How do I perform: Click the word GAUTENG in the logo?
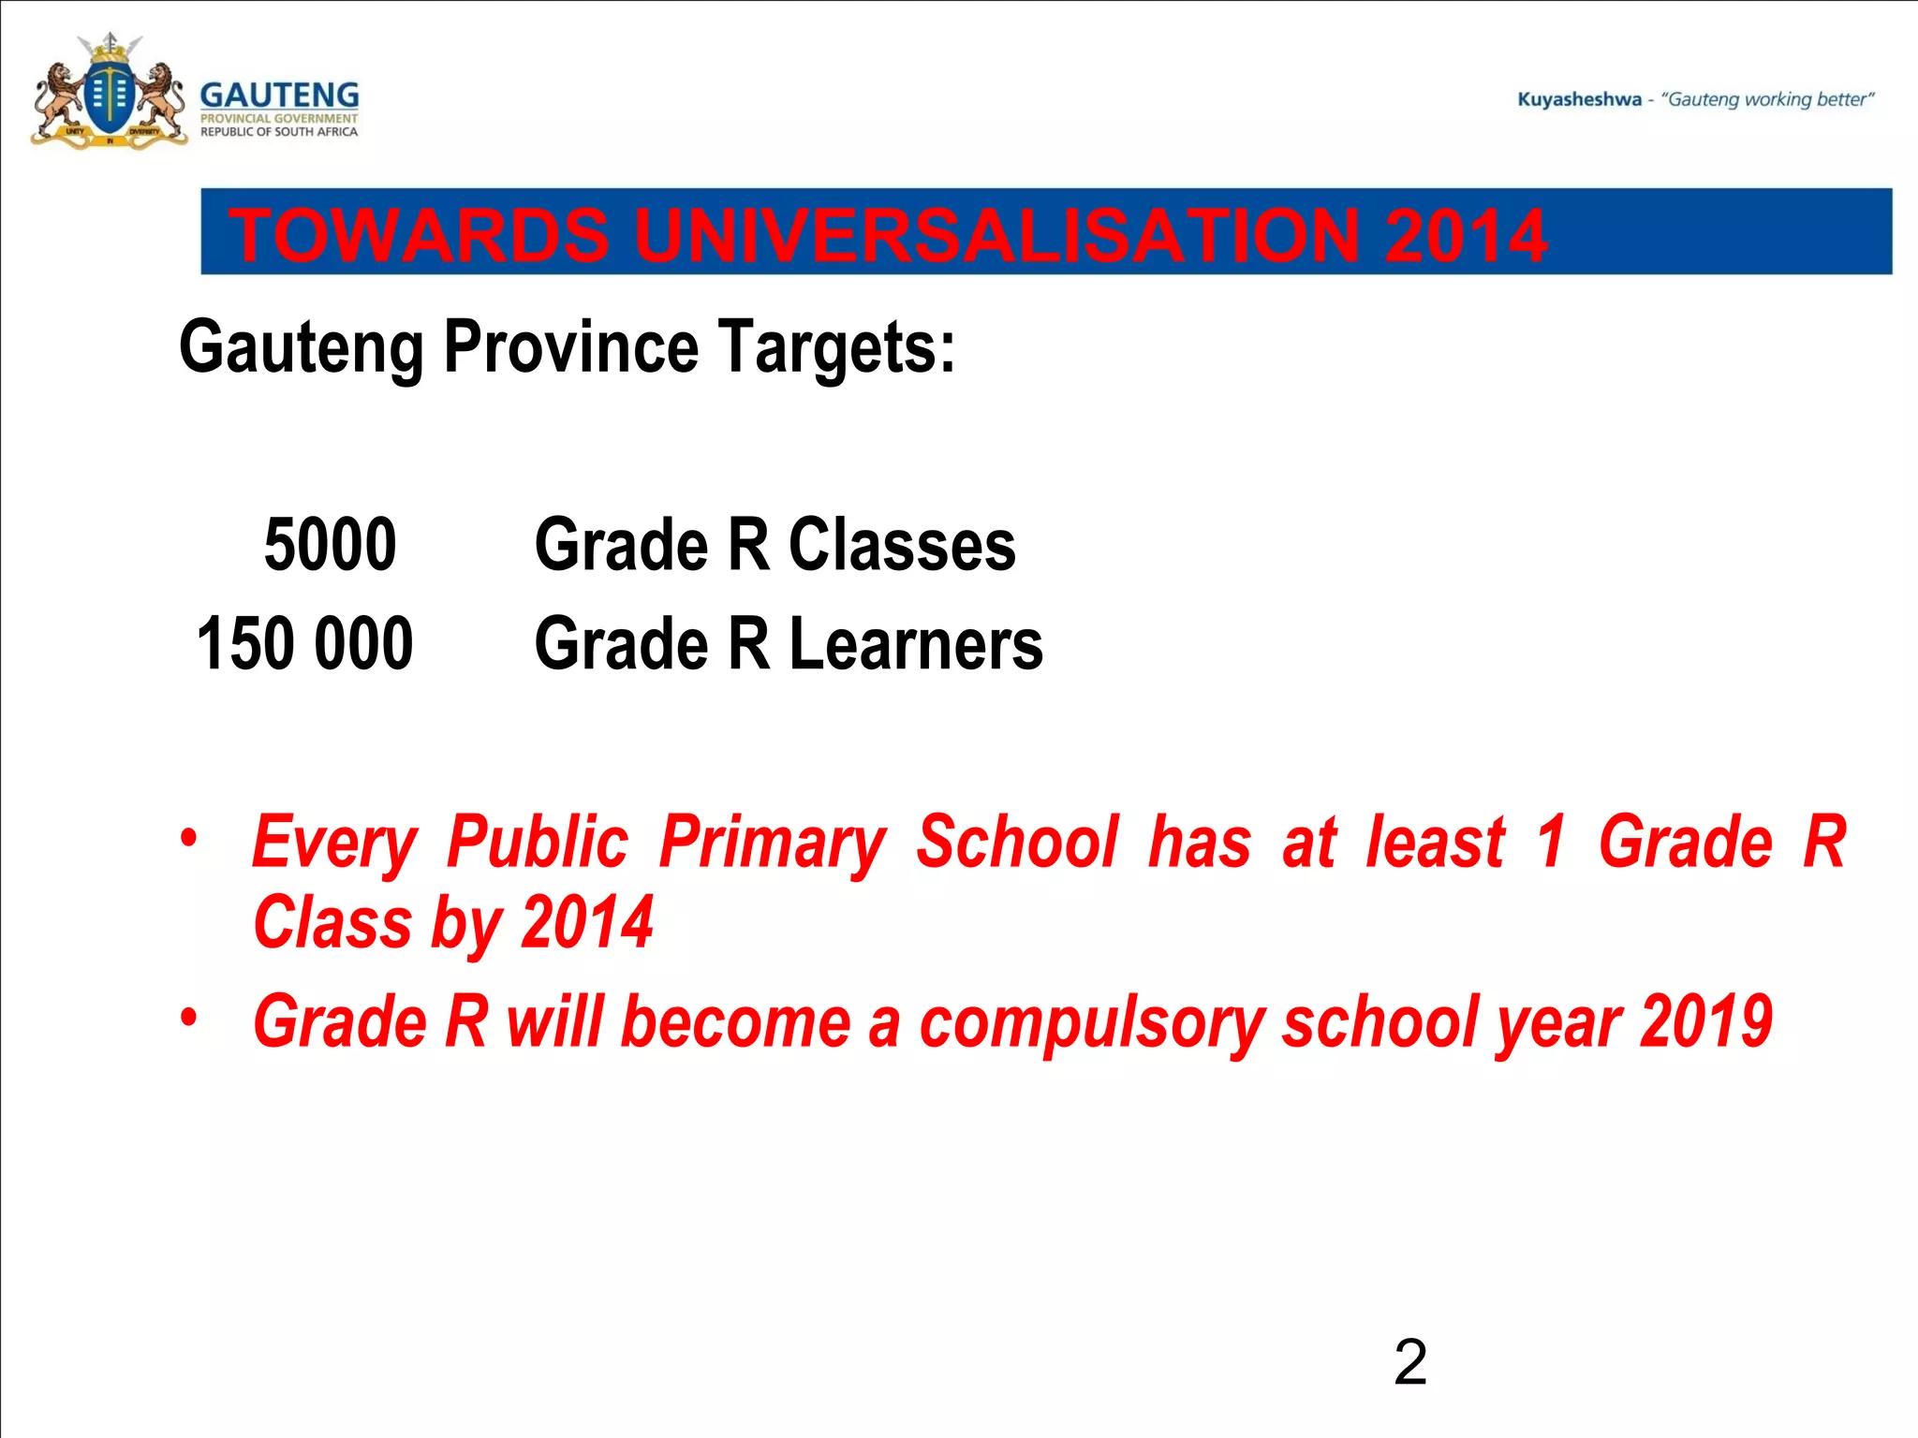pos(279,95)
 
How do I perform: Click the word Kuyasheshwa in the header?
pos(1579,99)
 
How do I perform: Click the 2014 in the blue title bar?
pos(1465,234)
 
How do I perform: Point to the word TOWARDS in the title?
pos(419,234)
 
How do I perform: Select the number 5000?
pos(330,545)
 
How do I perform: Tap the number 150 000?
pos(304,644)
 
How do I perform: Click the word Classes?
pos(902,545)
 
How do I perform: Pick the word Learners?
pos(916,644)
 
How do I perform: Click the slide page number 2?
pos(1409,1362)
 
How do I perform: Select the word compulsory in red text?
pos(1092,1023)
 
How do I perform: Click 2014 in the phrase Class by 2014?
pos(586,922)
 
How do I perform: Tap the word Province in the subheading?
pos(571,347)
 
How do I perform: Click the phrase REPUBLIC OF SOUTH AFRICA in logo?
pos(279,132)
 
